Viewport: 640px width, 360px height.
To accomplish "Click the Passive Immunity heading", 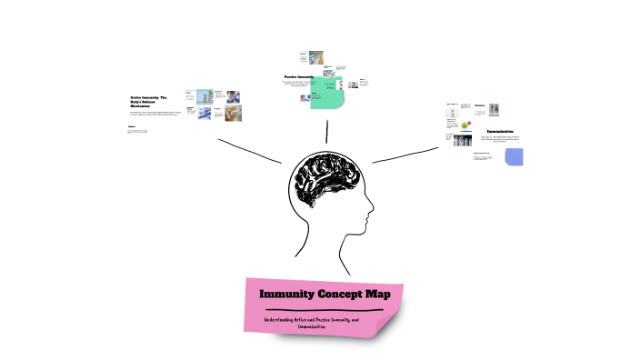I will coord(305,76).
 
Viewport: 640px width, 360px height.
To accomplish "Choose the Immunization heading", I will coord(499,132).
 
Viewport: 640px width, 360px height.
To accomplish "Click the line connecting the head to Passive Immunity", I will coord(325,130).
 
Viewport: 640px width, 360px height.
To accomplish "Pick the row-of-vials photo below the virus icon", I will coord(464,141).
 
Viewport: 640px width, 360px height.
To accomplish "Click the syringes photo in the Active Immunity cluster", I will coord(205,113).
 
